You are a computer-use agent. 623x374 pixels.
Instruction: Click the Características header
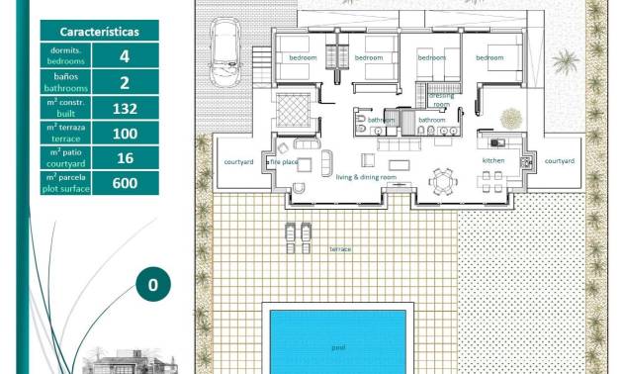coord(99,31)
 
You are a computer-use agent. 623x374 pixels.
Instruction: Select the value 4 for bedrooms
coord(124,56)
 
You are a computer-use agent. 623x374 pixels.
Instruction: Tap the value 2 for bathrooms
coord(124,82)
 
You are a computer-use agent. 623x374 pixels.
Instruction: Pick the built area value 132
coord(124,108)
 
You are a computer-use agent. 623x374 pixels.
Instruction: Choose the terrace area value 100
coord(124,133)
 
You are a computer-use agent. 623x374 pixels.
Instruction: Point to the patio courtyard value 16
coord(124,158)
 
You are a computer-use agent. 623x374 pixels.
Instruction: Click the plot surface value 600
coord(124,183)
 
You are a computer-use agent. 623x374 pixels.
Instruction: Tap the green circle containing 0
coord(152,285)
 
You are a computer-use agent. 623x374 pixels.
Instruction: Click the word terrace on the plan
coord(340,249)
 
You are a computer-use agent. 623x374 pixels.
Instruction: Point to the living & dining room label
coord(366,177)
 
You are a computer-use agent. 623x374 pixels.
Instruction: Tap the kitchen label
coord(493,160)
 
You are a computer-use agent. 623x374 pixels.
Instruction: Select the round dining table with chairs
coord(441,181)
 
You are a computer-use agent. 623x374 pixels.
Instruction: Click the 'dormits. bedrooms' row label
coord(66,56)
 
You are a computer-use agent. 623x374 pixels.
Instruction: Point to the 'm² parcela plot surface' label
coord(66,183)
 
